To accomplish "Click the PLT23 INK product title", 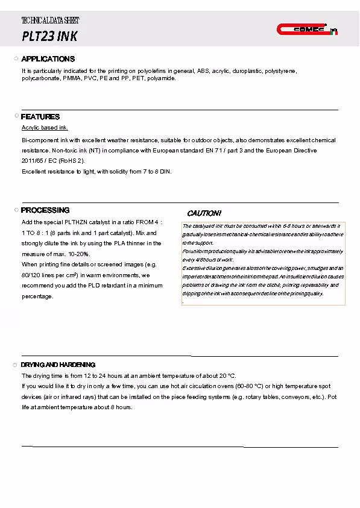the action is tap(49, 36).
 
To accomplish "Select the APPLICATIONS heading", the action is tap(48, 59).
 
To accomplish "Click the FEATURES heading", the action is tap(40, 117).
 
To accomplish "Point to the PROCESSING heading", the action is tap(45, 210).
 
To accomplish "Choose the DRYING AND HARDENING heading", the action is tap(58, 365).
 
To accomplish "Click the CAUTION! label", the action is tap(204, 214).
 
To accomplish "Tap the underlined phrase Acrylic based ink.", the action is tap(45, 128).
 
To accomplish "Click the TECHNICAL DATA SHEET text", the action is tap(50, 20).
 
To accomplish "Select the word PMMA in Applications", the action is tap(72, 78).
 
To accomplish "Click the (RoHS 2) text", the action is tap(72, 161).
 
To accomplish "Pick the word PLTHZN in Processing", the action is tap(76, 222).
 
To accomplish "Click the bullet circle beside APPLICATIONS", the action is tap(16, 59).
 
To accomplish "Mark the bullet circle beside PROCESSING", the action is tap(16, 210).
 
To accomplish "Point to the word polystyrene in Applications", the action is tap(280, 71).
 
